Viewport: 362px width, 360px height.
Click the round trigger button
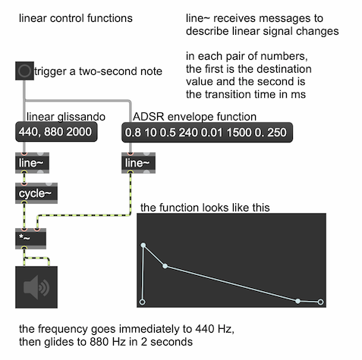coord(24,70)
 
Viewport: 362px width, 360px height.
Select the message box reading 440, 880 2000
coord(56,132)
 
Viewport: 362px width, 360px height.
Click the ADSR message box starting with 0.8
coord(207,133)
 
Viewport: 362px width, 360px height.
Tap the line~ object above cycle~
coord(32,163)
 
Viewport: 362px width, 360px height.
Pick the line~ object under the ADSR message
coord(138,163)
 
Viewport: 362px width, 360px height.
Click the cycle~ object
coord(36,193)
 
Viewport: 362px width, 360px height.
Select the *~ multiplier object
coord(30,239)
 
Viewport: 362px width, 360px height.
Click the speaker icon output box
coord(36,287)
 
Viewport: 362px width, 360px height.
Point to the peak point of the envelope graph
coord(143,245)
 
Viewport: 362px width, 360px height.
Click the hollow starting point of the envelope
coord(143,302)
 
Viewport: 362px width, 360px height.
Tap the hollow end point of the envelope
coord(320,302)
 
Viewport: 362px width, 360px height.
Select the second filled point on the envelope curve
coord(165,266)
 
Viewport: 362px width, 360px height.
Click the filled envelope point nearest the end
coord(298,301)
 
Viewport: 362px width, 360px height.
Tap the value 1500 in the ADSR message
coord(239,133)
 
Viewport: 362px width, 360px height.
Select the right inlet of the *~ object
coord(37,230)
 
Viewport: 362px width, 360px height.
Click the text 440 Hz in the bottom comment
coord(214,329)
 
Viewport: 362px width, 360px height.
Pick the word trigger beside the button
coord(51,71)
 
